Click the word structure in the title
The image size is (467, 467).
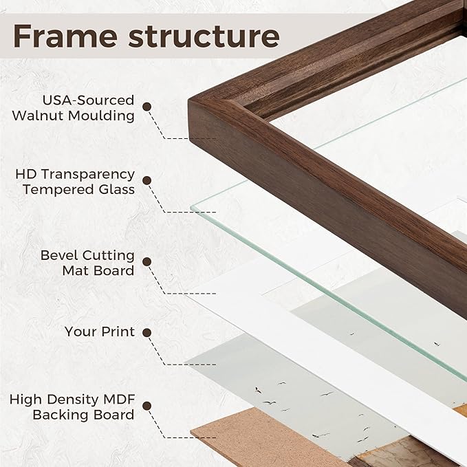204,36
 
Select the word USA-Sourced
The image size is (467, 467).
88,100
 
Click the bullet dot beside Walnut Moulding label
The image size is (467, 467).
146,107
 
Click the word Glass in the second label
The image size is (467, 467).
117,189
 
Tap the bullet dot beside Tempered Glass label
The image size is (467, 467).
146,180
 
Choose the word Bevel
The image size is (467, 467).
60,255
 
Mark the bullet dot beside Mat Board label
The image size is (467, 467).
146,262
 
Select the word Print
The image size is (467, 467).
118,332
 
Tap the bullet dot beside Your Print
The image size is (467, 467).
146,333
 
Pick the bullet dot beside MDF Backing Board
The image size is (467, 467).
146,406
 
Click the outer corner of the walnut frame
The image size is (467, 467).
189,101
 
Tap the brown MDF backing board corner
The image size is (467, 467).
191,431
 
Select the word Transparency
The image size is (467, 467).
87,175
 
